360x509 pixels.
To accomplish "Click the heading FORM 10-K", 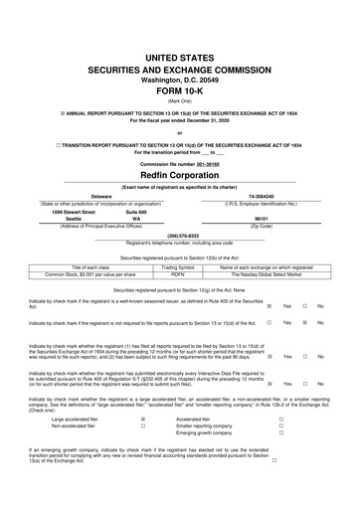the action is tap(180, 67).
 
